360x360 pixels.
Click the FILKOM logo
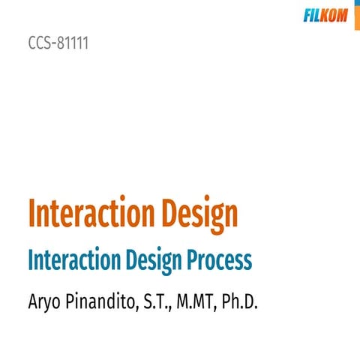325,15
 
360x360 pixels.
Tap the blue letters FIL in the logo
312,15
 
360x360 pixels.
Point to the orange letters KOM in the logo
334,15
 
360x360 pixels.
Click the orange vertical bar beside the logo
357,15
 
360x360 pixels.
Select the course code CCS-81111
58,43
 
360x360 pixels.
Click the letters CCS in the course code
39,43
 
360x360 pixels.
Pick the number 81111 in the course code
73,43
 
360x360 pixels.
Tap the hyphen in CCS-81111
54,43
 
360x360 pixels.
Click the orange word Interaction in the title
91,213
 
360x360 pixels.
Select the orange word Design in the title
200,214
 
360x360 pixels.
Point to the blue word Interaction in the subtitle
74,259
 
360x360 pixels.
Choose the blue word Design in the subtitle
154,261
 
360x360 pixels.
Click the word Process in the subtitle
220,259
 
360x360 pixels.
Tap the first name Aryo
44,302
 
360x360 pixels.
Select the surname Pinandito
100,301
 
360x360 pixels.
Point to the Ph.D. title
239,301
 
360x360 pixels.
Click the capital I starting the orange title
31,213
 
